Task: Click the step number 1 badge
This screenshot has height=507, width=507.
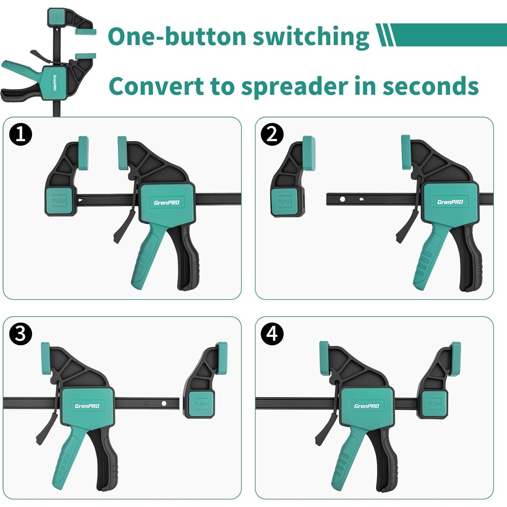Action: [x=21, y=134]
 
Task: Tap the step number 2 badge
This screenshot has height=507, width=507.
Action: [x=272, y=134]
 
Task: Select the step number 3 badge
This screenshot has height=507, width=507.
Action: [x=21, y=334]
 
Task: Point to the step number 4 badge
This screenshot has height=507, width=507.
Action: [x=272, y=334]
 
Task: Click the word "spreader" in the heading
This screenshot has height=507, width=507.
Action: [x=295, y=87]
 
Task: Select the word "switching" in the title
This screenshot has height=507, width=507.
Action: [x=311, y=37]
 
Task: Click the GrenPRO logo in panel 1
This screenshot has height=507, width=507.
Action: [x=167, y=203]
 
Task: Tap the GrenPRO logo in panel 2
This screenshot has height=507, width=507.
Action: [x=450, y=202]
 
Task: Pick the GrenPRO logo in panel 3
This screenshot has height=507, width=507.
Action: [x=87, y=406]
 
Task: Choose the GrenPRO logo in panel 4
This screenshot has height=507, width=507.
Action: [x=367, y=406]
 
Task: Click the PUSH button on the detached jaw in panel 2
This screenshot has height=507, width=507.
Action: [x=284, y=201]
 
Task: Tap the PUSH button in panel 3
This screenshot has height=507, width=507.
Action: [x=201, y=404]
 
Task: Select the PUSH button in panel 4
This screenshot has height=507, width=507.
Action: [x=434, y=404]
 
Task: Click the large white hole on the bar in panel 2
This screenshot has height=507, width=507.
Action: [x=342, y=199]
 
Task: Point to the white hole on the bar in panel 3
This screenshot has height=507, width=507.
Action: [x=164, y=404]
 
